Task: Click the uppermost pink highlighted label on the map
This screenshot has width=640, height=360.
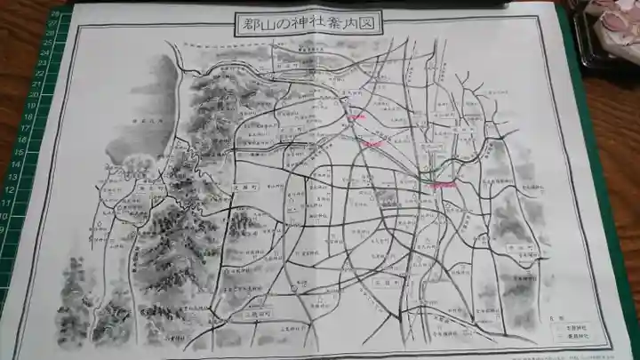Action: (356, 116)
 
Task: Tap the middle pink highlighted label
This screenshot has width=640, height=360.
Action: (372, 142)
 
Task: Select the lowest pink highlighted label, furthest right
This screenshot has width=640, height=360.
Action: (443, 184)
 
